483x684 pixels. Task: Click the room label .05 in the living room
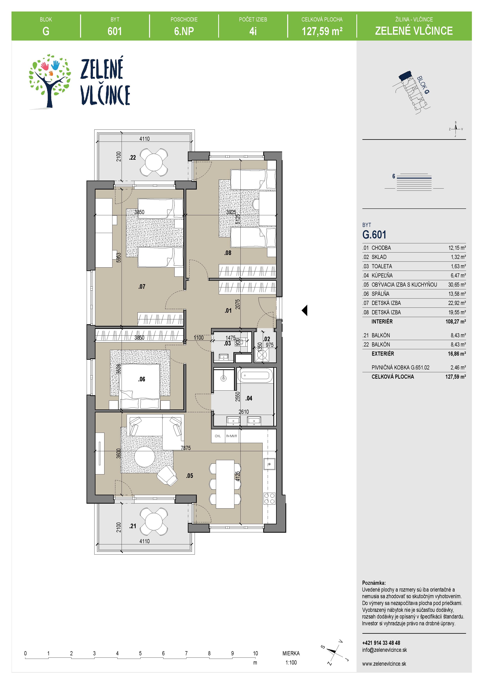[x=190, y=476]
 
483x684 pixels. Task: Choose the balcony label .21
[x=132, y=526]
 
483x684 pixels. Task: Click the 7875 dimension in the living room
[x=186, y=448]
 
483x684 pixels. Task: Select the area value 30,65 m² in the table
[x=457, y=284]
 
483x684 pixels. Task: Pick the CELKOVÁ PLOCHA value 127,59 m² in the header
[x=322, y=31]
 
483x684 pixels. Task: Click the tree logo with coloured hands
[x=50, y=81]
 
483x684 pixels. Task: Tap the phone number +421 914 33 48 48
[x=381, y=643]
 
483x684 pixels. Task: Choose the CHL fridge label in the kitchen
[x=218, y=436]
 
